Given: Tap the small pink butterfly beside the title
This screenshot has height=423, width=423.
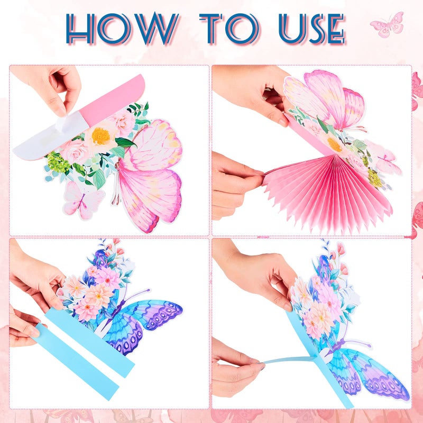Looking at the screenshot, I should pos(387,25).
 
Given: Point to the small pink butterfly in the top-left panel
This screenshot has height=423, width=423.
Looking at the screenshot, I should pos(82,201).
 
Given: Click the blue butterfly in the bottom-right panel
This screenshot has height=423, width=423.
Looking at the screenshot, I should pos(370,370).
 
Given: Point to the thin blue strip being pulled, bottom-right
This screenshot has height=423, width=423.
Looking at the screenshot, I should pos(288,360).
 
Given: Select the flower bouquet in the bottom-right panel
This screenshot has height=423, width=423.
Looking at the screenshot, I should pos(323,301).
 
